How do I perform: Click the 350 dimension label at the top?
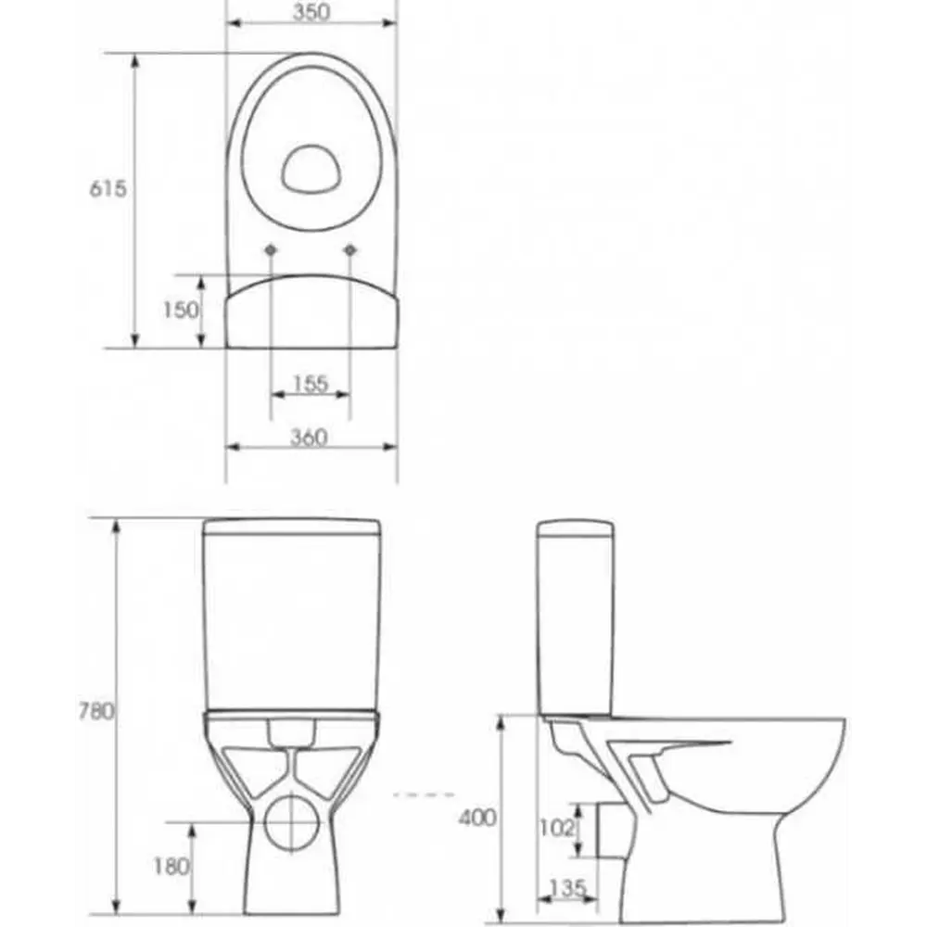[311, 12]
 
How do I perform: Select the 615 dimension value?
[108, 188]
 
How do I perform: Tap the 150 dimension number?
[181, 310]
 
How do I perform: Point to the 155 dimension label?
[311, 384]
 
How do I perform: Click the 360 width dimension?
[309, 438]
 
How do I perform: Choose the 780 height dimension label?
[96, 711]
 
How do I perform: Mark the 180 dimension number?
[171, 867]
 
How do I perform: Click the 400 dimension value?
[477, 818]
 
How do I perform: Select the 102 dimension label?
[556, 828]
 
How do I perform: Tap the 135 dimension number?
[567, 888]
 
